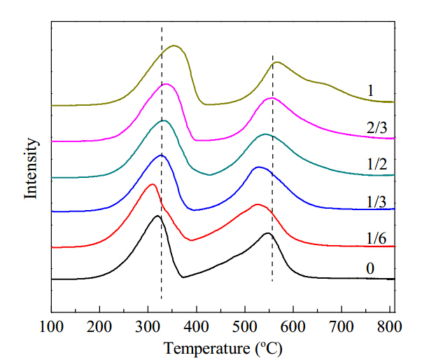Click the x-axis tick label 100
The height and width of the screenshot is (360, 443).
[51, 327]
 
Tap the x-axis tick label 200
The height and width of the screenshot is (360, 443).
[99, 327]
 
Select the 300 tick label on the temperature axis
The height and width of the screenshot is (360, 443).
[148, 327]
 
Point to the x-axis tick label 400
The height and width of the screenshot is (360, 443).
[196, 327]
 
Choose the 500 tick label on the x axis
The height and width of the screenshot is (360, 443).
[245, 327]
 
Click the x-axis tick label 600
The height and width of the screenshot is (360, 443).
[293, 327]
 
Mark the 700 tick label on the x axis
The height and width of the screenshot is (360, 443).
[342, 327]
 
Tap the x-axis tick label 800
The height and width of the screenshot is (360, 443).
[390, 327]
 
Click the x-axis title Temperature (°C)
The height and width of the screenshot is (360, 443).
[223, 348]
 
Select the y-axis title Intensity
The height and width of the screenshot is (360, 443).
[31, 168]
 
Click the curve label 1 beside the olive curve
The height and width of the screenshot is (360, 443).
[370, 90]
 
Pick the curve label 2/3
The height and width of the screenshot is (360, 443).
[377, 128]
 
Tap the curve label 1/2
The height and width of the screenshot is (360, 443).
[377, 164]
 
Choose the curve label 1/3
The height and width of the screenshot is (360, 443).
[377, 202]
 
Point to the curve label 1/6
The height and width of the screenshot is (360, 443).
[376, 238]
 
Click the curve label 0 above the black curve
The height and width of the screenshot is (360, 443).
[370, 268]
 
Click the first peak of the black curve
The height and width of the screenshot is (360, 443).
[157, 216]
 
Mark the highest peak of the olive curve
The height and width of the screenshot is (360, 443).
[174, 46]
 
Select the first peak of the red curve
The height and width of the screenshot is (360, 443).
[153, 184]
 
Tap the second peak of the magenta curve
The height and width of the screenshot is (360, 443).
[272, 98]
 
